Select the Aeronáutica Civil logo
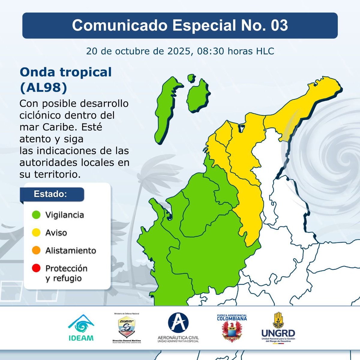point(178,327)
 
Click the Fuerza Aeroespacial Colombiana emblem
point(232,328)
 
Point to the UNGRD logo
point(278,327)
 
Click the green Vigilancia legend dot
point(36,215)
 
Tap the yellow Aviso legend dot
point(36,232)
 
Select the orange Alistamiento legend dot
point(36,250)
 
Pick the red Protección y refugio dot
point(36,268)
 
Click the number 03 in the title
point(279,25)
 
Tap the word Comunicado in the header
point(120,25)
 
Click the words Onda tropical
point(66,72)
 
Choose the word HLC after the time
point(265,51)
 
